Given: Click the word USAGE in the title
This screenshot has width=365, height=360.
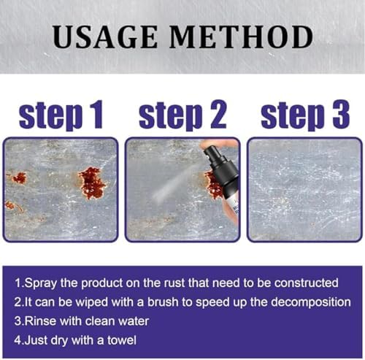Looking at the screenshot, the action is [x=105, y=37].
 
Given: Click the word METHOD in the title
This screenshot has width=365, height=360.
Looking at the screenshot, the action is [x=241, y=37].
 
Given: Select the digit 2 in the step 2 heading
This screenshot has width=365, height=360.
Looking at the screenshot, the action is [x=218, y=114].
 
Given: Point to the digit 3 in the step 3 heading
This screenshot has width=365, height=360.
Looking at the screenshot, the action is [x=341, y=114].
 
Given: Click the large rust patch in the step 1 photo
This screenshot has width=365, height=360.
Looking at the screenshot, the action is [x=92, y=183].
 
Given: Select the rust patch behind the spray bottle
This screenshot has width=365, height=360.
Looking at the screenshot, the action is [x=212, y=185].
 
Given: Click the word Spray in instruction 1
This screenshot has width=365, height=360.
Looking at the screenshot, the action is [x=40, y=283].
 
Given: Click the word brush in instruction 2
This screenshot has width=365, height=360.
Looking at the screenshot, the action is [x=163, y=302].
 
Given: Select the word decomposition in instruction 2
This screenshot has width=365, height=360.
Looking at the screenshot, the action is [x=311, y=303].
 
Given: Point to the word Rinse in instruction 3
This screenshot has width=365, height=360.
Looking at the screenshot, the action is [x=40, y=321].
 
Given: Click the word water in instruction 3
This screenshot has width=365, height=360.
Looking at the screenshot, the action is [x=134, y=321].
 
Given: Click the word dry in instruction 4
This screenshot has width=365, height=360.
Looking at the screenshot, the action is [x=59, y=341].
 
